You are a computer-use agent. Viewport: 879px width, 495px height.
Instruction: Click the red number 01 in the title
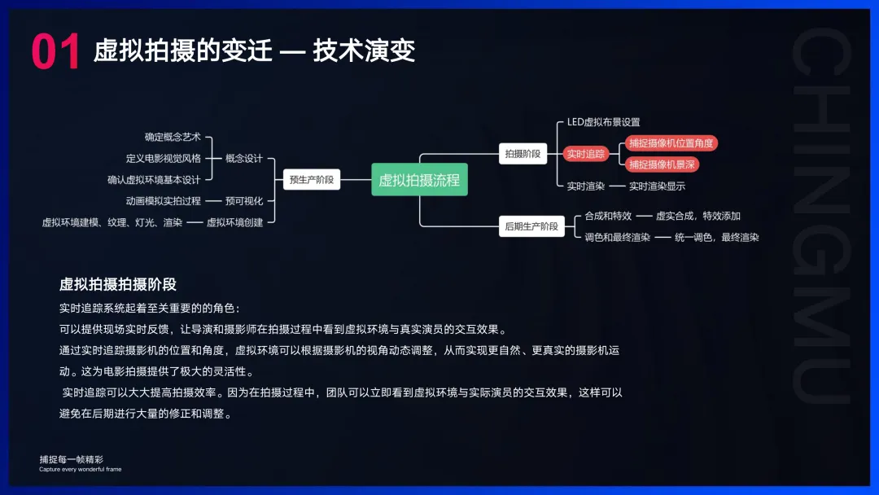55,51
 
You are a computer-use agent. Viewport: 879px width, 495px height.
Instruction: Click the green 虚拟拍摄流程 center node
419,180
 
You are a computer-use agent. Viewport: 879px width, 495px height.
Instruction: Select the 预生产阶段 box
313,180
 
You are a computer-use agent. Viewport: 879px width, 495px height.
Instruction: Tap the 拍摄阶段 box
523,154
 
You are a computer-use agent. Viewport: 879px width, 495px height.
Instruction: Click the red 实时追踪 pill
586,154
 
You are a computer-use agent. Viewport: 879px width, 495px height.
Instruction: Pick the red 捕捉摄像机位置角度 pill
671,143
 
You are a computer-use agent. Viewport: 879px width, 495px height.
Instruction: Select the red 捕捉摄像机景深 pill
663,164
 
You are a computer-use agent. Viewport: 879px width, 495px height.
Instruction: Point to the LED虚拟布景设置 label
603,122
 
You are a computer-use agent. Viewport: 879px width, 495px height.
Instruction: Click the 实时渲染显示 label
657,186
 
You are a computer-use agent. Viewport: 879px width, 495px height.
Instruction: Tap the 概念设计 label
244,159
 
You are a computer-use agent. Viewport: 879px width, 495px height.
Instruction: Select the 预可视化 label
244,201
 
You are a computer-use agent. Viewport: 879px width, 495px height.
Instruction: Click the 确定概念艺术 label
173,137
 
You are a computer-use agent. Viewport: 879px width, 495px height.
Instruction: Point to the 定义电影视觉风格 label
163,159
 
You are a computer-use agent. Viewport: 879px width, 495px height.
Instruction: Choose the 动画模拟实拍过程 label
163,201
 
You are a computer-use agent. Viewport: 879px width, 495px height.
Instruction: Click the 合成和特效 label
608,216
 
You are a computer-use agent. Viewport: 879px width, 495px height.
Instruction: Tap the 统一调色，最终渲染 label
716,238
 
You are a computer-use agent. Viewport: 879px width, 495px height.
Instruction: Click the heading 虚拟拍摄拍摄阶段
117,284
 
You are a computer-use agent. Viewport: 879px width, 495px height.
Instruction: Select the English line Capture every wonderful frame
80,470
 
